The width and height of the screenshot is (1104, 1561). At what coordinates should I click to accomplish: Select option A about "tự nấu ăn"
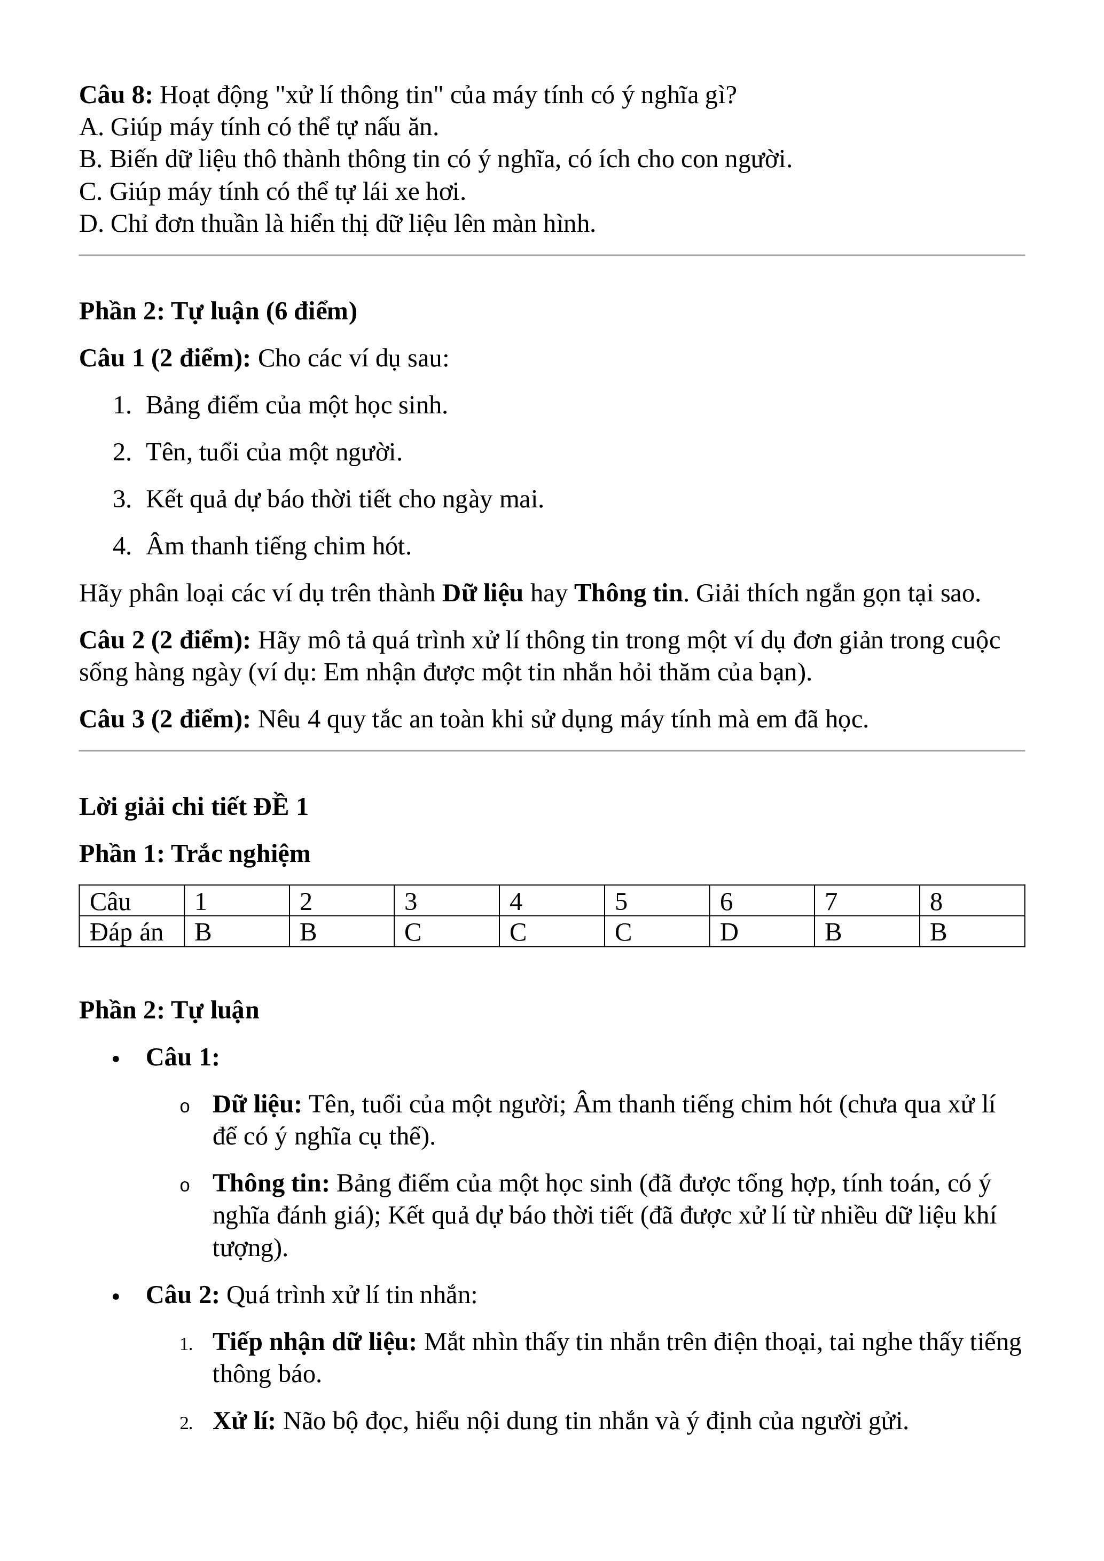point(259,127)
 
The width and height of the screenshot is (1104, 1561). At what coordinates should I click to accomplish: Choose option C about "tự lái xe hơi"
point(272,192)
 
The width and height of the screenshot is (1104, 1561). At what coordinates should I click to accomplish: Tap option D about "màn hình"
point(336,224)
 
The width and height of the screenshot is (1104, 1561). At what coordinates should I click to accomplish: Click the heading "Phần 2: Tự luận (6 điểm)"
point(217,311)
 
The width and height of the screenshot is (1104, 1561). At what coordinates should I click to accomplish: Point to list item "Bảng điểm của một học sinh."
point(296,405)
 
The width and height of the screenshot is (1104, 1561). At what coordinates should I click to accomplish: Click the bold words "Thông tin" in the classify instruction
point(628,593)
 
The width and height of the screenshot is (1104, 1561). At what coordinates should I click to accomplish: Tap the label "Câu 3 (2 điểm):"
point(165,719)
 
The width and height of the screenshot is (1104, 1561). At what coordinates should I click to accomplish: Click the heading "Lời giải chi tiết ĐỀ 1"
point(194,807)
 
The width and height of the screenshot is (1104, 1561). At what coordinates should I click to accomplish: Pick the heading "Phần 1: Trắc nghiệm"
point(194,854)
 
